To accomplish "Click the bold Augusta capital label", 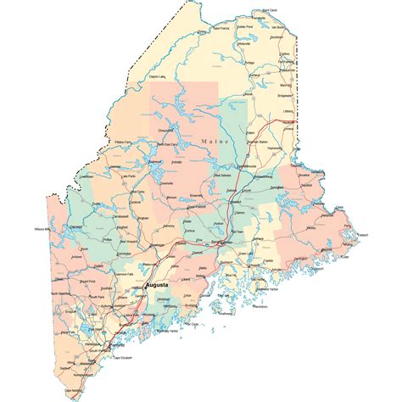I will (158, 287).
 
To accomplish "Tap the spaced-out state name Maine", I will (215, 138).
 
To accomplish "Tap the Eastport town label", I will (363, 233).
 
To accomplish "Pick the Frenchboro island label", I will (260, 311).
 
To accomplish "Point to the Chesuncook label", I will (166, 130).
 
